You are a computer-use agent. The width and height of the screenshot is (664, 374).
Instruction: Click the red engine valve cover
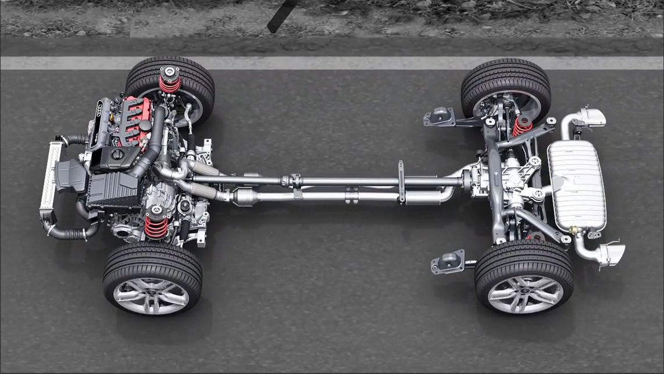pos(135,119)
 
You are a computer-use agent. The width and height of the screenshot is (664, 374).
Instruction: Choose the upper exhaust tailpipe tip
pos(592,117)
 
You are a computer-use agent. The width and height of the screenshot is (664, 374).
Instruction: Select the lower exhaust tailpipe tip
pos(611,254)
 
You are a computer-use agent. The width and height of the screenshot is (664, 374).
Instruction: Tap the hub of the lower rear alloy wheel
pos(524,294)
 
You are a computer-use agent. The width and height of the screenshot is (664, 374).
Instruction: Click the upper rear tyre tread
pos(506,73)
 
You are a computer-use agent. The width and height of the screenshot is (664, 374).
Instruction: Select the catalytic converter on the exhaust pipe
pos(247,197)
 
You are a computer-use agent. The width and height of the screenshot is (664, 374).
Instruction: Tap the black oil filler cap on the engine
pos(117,154)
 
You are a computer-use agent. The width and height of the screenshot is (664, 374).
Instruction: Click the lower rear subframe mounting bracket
pos(448,262)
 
